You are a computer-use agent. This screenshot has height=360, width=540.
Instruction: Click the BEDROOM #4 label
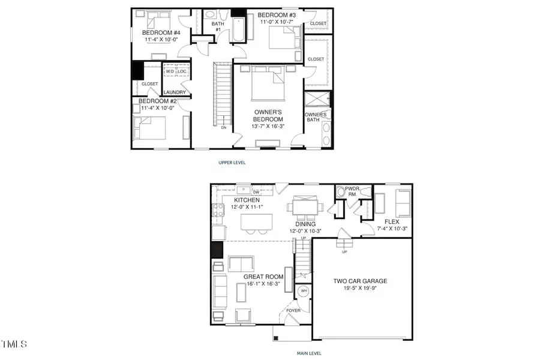158,32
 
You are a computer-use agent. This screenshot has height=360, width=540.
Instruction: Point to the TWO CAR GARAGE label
360,281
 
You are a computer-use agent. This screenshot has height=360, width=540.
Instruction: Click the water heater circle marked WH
304,290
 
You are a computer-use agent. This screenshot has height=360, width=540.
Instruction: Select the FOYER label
293,311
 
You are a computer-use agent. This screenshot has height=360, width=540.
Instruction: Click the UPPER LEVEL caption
232,162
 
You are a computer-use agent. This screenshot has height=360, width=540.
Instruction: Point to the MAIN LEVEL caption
310,353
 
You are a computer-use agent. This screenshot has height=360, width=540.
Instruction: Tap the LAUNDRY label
176,92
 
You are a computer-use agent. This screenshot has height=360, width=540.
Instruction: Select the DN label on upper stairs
224,127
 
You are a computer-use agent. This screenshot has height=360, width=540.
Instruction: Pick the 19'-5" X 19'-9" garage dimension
360,289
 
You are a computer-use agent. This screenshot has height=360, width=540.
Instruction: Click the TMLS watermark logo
14,344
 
